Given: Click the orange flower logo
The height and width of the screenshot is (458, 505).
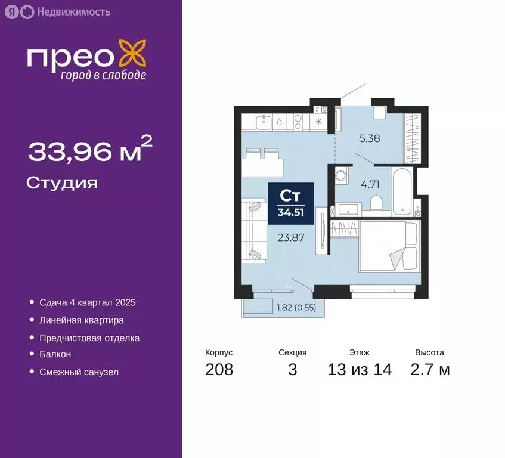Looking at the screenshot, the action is (133, 54).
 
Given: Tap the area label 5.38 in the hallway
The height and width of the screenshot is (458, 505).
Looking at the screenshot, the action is (370, 138).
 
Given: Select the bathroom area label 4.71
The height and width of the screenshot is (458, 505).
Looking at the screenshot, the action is (370, 184).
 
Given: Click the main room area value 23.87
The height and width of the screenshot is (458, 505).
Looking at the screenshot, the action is (291, 238).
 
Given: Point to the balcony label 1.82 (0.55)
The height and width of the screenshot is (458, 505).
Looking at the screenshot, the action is (296, 308).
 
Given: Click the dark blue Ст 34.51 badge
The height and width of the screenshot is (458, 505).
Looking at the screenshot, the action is (291, 203).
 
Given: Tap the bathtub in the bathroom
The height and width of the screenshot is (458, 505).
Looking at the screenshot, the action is (402, 191).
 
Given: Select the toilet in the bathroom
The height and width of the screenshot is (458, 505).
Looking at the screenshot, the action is (376, 202).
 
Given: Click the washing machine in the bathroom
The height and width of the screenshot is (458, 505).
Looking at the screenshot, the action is (342, 175).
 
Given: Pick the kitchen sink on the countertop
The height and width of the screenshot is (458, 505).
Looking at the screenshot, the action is (264, 122).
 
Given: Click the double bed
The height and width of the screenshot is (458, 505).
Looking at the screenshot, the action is (390, 246).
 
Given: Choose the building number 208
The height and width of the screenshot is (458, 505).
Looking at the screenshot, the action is (219, 369).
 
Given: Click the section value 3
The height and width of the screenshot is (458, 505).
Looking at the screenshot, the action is (292, 369).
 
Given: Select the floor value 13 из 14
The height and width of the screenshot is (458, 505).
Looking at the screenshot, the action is (360, 369).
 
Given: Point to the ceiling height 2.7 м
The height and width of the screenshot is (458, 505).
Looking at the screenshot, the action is (430, 369).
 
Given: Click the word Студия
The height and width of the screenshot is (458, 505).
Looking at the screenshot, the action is (62, 184).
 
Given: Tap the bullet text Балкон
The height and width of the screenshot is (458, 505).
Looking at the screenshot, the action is (55, 354).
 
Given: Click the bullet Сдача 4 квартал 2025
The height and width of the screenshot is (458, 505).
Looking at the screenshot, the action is (88, 303).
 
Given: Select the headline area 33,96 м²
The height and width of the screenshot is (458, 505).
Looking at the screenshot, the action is (90, 149).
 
